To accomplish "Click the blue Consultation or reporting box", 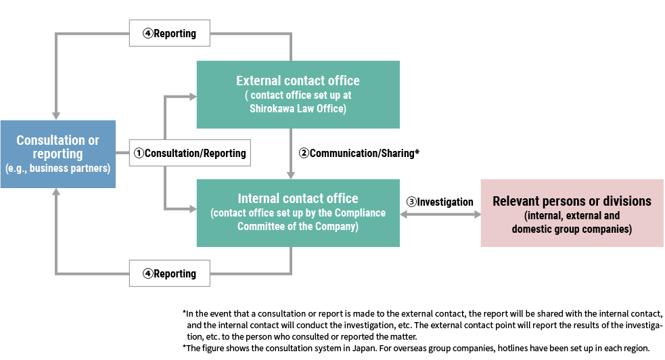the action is (58, 154).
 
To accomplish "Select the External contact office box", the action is (298, 95).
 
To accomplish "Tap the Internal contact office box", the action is (298, 213).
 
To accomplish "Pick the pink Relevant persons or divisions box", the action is (572, 213).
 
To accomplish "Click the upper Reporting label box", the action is (170, 33).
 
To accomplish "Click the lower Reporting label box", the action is (170, 273).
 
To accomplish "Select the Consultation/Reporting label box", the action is (190, 153).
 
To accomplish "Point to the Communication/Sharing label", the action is (359, 153).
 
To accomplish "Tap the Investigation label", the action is (440, 202).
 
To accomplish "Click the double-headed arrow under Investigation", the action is (440, 215).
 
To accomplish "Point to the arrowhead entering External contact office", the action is (193, 97).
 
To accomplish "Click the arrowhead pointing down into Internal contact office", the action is (290, 175).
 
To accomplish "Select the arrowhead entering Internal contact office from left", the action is (193, 208).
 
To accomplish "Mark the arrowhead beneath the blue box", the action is (56, 192).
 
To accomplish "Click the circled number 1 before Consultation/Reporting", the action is (139, 153).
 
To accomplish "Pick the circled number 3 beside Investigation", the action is (411, 202).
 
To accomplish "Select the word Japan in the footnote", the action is (363, 348).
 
